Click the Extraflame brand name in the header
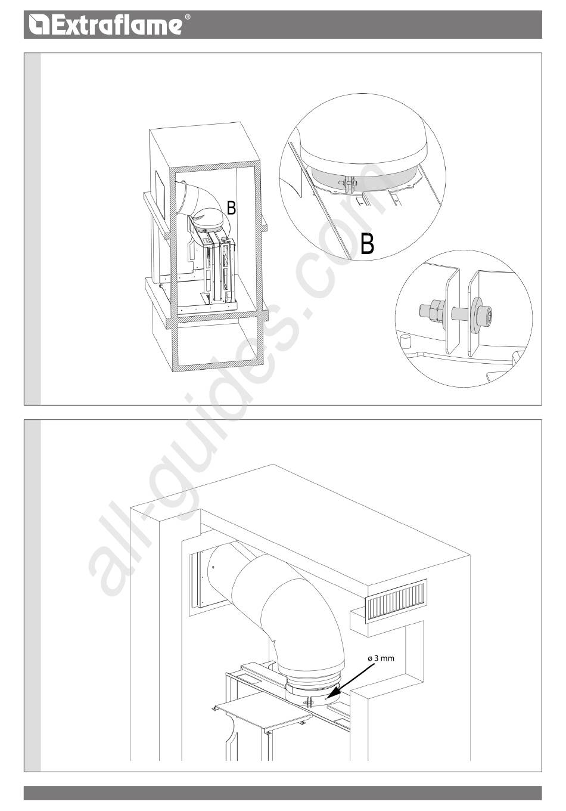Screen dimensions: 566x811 (116, 25)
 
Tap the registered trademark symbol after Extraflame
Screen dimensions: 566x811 (187, 17)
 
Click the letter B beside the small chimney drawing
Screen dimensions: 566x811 (231, 208)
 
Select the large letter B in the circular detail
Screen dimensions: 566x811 (368, 244)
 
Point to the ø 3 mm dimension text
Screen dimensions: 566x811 (381, 658)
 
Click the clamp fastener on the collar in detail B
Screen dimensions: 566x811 (347, 184)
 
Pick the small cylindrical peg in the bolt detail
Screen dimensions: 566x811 (405, 340)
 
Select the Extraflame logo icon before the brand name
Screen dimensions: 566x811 (39, 25)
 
